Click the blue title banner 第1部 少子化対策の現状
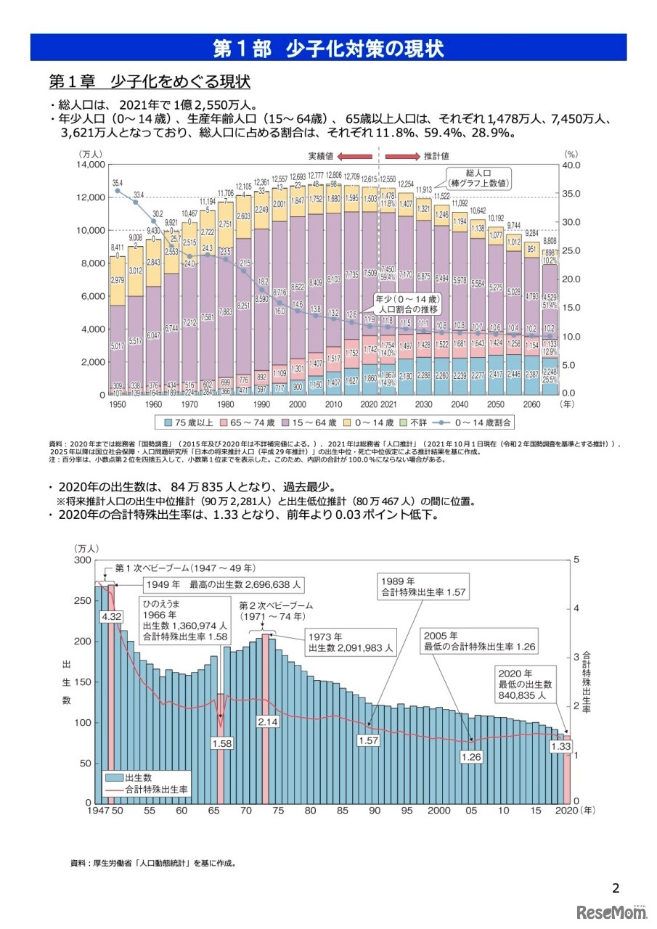[328, 48]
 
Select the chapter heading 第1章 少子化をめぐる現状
[149, 80]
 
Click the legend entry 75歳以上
[193, 422]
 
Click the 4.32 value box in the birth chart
[111, 616]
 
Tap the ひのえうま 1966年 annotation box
[184, 619]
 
